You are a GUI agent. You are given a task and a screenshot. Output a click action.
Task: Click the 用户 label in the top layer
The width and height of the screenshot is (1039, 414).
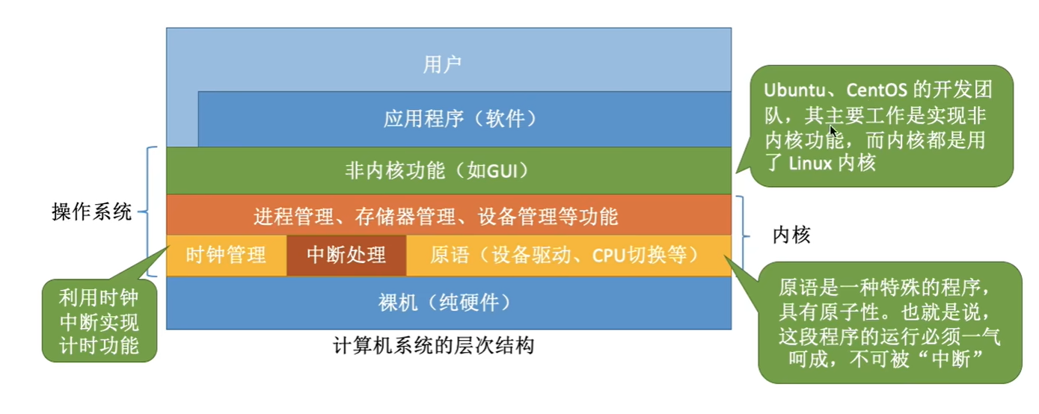click(442, 64)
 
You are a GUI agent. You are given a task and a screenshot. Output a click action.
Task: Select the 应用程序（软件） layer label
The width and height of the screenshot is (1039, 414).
click(460, 119)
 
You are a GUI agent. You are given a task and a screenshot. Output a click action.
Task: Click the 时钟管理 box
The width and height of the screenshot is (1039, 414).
click(227, 256)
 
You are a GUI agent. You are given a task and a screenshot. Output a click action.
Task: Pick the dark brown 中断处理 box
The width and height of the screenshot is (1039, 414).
click(346, 256)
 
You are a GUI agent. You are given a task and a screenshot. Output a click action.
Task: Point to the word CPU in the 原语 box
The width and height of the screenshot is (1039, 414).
click(608, 255)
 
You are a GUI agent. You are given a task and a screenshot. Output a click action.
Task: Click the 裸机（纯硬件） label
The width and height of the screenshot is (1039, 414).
click(444, 303)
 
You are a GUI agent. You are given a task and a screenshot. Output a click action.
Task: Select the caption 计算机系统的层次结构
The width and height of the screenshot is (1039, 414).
click(434, 346)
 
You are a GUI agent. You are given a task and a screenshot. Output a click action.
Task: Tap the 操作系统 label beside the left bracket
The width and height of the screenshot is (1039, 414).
click(92, 212)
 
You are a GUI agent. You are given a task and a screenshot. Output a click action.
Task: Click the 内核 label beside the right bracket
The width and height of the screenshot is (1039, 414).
click(791, 235)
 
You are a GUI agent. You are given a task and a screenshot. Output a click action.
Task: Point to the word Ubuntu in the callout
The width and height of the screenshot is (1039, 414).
click(794, 90)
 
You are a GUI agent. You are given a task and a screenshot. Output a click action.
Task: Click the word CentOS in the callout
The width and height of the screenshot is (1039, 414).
click(876, 90)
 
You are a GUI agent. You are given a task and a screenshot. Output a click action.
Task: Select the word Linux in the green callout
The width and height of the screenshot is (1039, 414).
click(810, 163)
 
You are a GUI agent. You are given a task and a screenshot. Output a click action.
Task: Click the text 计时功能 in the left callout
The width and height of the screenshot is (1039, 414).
click(99, 346)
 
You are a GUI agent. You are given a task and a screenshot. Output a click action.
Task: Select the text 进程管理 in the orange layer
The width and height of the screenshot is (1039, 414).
click(294, 217)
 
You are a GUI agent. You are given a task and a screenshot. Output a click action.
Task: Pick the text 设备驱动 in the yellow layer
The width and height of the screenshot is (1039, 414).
click(532, 255)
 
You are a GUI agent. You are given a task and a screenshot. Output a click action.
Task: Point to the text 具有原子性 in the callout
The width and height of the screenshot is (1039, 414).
click(828, 312)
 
